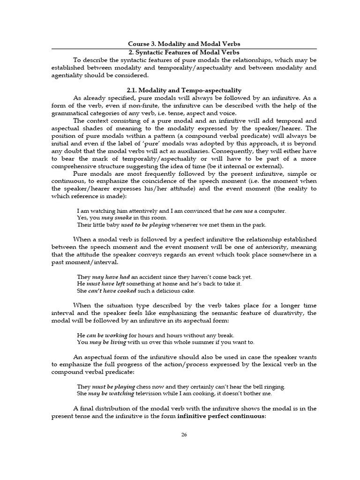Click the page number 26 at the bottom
point(184,435)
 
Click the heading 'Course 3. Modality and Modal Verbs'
point(184,44)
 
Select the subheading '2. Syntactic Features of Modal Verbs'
point(184,52)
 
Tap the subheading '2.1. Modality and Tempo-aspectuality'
point(184,90)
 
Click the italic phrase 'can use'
point(244,211)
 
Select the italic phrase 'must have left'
point(101,284)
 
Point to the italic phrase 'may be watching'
point(111,393)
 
